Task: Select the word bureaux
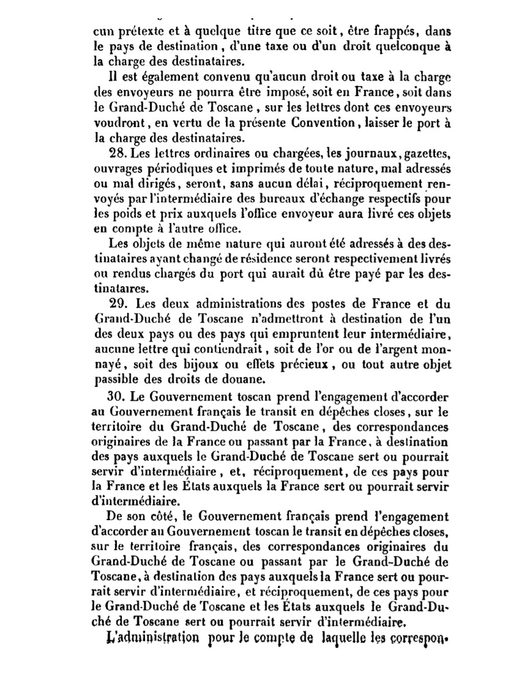tap(292, 198)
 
